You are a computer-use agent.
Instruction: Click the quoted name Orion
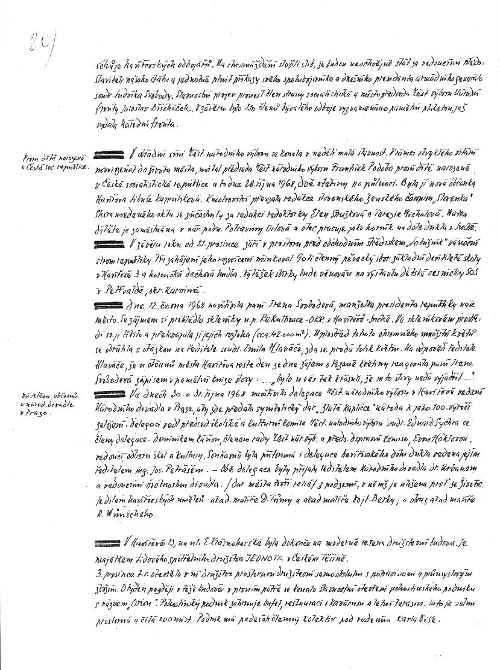pyautogui.click(x=120, y=604)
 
